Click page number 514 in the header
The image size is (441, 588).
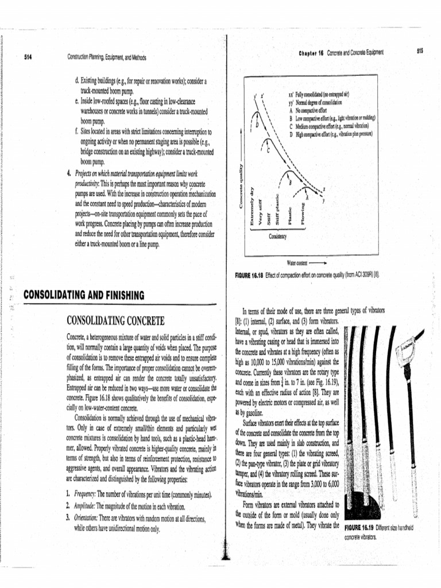[x=27, y=57]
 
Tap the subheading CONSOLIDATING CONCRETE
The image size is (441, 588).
[x=116, y=320]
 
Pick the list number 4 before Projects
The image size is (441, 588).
[x=68, y=172]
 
